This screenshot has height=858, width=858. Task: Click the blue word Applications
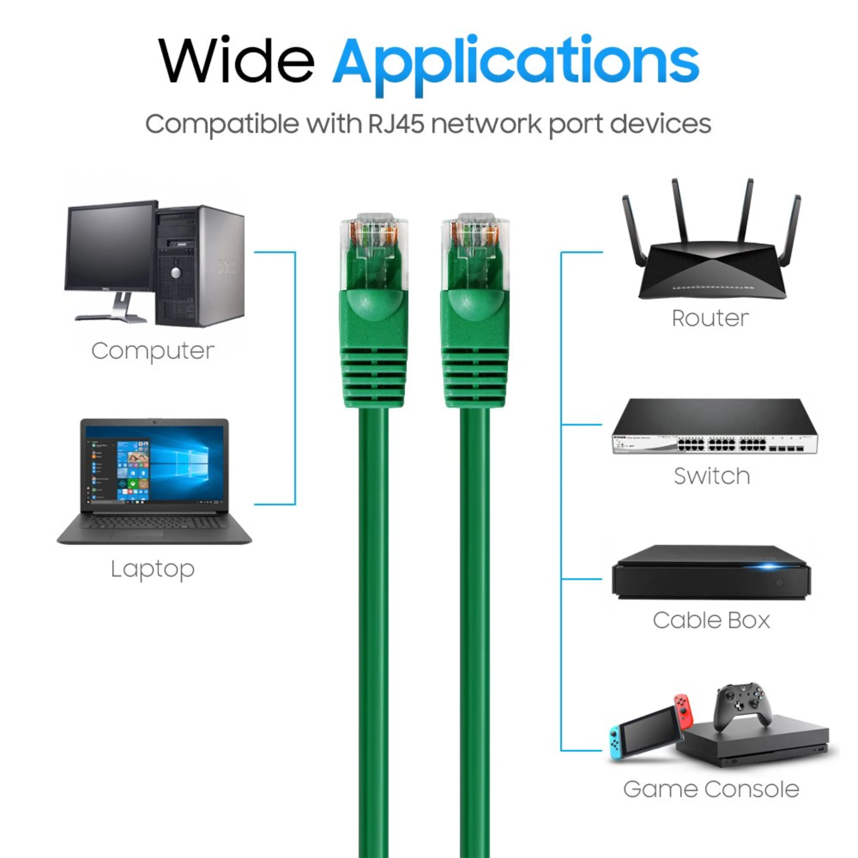pos(516,65)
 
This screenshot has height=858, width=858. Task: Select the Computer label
pos(153,351)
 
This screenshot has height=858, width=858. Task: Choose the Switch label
pos(712,476)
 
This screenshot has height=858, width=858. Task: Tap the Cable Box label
pos(711,620)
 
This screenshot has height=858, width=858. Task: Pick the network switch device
pos(715,426)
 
